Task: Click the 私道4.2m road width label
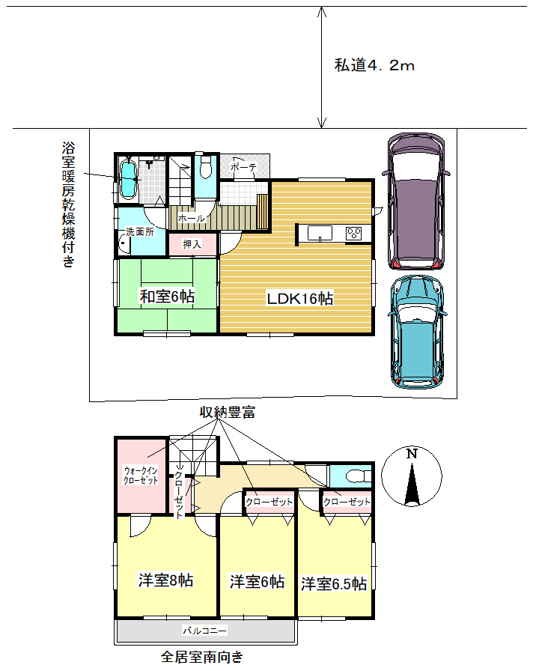tap(374, 65)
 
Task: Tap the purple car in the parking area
tap(415, 201)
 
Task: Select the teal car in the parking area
tap(417, 332)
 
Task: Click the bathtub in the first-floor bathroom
tap(128, 179)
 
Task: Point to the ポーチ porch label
tap(243, 167)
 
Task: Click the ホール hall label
tap(191, 218)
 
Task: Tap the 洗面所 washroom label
tap(140, 232)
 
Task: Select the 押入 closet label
tap(192, 244)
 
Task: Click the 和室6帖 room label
tap(167, 296)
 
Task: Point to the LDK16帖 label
tap(300, 298)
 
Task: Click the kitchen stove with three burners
tap(354, 234)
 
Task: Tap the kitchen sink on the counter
tap(320, 234)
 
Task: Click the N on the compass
tap(412, 454)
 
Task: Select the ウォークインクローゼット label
tap(141, 476)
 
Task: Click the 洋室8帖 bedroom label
tap(165, 580)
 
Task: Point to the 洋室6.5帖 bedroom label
tap(334, 583)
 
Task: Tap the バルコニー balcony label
tap(205, 631)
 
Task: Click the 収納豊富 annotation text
tap(228, 412)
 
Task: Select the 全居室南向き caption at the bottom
tap(202, 657)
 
